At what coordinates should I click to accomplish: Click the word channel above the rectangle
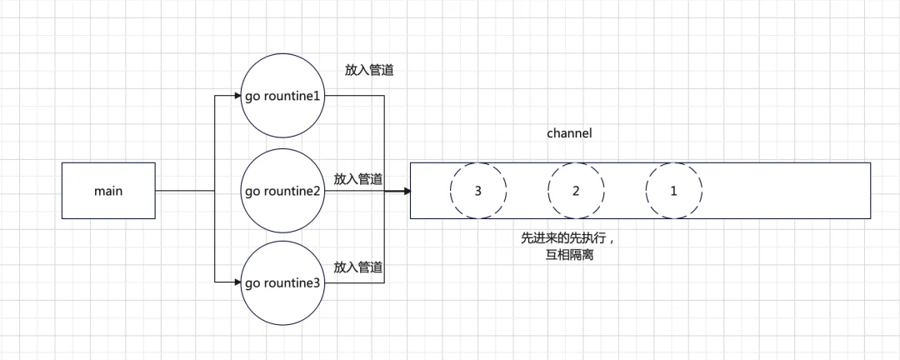pyautogui.click(x=569, y=133)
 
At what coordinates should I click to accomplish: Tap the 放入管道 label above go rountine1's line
pyautogui.click(x=368, y=71)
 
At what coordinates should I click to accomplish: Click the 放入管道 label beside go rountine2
pyautogui.click(x=358, y=178)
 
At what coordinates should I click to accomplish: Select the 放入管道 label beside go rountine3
pyautogui.click(x=358, y=267)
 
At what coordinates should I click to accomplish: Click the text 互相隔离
pyautogui.click(x=569, y=256)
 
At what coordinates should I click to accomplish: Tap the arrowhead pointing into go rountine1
pyautogui.click(x=237, y=96)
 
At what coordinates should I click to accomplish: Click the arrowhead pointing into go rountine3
pyautogui.click(x=237, y=282)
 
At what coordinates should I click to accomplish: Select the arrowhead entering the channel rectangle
pyautogui.click(x=407, y=191)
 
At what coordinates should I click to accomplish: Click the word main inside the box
pyautogui.click(x=108, y=191)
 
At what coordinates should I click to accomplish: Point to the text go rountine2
pyautogui.click(x=282, y=191)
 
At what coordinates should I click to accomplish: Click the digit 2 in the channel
pyautogui.click(x=576, y=191)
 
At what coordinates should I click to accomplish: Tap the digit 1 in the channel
pyautogui.click(x=674, y=191)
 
